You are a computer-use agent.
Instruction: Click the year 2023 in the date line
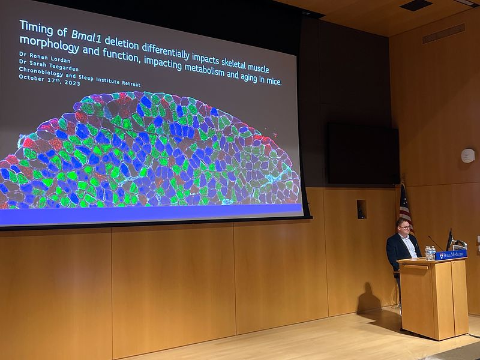tap(72, 82)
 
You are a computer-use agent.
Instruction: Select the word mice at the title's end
tap(274, 81)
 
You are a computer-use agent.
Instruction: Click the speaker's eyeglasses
tap(404, 227)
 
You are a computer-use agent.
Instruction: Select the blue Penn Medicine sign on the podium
tap(451, 254)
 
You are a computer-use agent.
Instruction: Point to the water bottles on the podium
tap(430, 253)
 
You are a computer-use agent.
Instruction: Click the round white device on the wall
tap(468, 155)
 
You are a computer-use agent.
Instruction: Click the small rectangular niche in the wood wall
tap(362, 209)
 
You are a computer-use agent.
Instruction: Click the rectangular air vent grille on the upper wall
tap(443, 34)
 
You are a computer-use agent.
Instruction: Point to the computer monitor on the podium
tap(450, 239)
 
